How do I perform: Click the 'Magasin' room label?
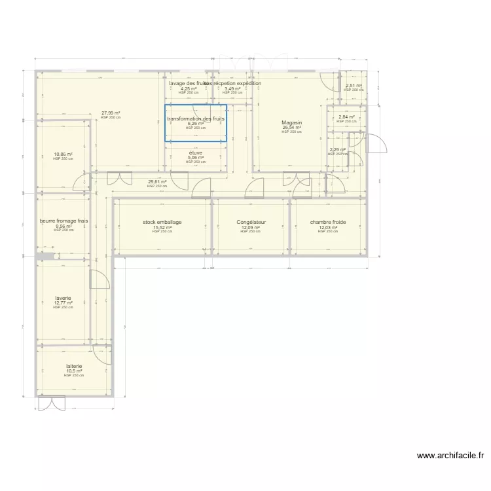pos(291,122)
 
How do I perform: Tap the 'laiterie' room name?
pos(74,366)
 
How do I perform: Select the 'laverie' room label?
pos(64,298)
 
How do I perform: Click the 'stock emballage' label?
pos(162,222)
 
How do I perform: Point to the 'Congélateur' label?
pos(251,222)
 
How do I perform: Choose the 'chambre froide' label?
pos(328,222)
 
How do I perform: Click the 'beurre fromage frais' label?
pos(64,221)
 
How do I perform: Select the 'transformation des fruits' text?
pos(196,118)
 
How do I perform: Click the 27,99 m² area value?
pos(111,113)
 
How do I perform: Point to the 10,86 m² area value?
pos(64,155)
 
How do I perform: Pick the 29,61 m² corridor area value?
pos(157,182)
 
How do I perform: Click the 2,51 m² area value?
pos(354,86)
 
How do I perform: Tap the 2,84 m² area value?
pos(346,117)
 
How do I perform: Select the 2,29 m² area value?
pos(338,149)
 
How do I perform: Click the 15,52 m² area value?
pos(162,227)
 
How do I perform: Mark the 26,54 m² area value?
pos(291,128)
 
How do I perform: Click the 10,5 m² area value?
pos(74,371)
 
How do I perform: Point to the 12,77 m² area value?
pos(64,303)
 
